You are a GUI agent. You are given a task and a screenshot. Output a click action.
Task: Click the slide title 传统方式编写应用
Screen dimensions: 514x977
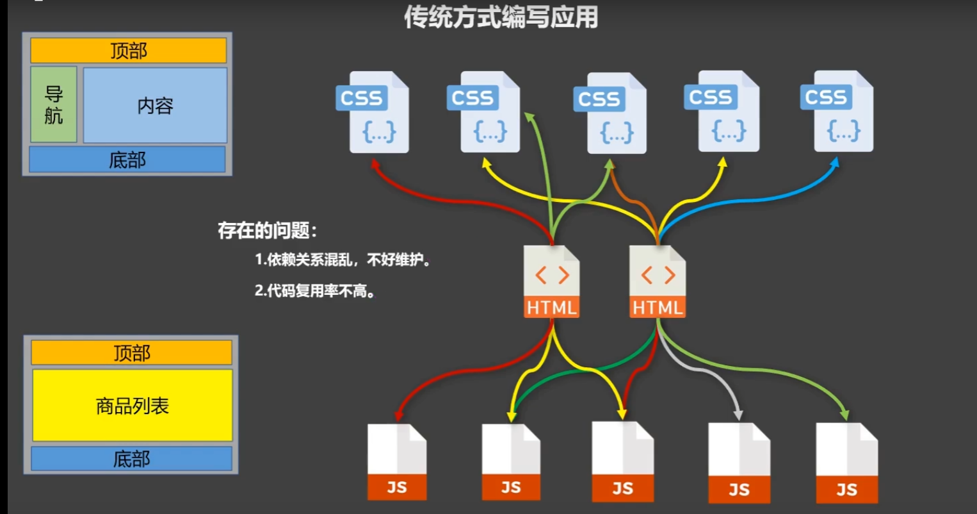[501, 17]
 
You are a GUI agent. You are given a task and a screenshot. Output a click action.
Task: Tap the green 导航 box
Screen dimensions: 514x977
[54, 104]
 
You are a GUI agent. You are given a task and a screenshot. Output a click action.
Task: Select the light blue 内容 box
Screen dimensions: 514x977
[155, 105]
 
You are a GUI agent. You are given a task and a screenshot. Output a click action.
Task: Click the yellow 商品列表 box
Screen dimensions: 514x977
[132, 405]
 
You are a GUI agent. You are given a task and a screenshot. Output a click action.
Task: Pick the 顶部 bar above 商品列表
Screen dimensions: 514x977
[131, 352]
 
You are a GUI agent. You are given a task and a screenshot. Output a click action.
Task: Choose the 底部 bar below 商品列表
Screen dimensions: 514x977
[131, 458]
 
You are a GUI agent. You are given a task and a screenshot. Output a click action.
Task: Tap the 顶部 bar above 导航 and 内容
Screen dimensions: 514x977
[128, 51]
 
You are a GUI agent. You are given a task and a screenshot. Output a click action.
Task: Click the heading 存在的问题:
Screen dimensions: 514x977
[267, 231]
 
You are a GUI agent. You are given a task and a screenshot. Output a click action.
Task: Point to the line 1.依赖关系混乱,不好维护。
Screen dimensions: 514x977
[343, 260]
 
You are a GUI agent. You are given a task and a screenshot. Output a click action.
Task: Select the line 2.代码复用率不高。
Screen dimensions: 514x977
[315, 291]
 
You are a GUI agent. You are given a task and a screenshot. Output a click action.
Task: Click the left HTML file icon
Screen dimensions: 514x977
[551, 282]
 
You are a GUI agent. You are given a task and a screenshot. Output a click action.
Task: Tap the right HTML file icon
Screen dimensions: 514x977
[658, 282]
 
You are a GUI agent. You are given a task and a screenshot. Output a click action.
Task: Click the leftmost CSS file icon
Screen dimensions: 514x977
[374, 112]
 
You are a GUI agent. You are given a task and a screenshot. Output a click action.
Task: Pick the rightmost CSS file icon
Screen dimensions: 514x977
[837, 112]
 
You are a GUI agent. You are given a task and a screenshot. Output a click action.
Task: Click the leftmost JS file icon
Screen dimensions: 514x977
[397, 461]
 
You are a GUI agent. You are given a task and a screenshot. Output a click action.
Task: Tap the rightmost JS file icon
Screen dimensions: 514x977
[846, 463]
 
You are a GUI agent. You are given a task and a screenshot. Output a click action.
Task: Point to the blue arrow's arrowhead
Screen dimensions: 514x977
[835, 162]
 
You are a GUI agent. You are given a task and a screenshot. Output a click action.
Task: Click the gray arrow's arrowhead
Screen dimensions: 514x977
[738, 415]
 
